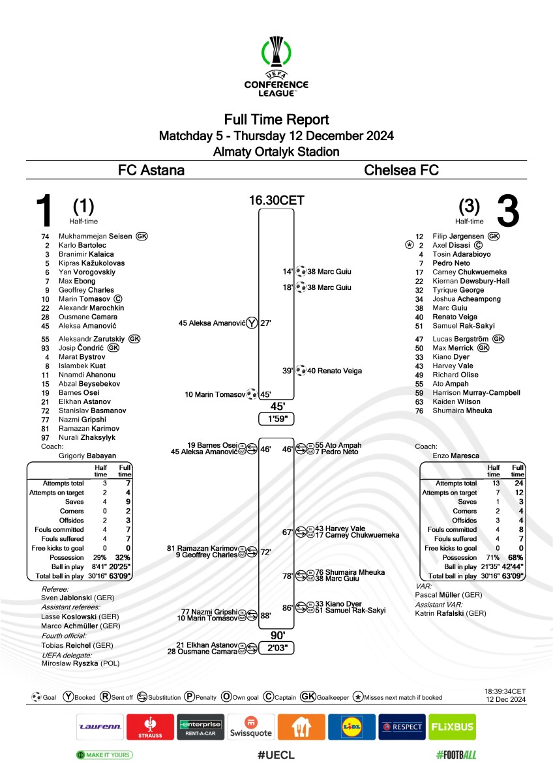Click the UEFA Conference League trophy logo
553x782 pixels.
coord(276,65)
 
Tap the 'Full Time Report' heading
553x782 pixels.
coord(276,120)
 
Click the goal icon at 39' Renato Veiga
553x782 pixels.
coord(301,370)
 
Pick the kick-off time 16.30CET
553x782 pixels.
coord(276,201)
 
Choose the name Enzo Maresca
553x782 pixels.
coord(456,456)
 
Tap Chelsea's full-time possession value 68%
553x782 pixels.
coord(515,558)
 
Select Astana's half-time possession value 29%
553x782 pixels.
coord(100,558)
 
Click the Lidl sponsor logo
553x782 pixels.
coord(351,727)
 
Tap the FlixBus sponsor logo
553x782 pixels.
coord(452,727)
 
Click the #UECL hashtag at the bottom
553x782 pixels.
coord(276,755)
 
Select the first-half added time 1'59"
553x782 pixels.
coord(276,418)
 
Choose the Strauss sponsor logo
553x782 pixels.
coord(150,727)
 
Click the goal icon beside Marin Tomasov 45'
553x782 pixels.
coord(252,394)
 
